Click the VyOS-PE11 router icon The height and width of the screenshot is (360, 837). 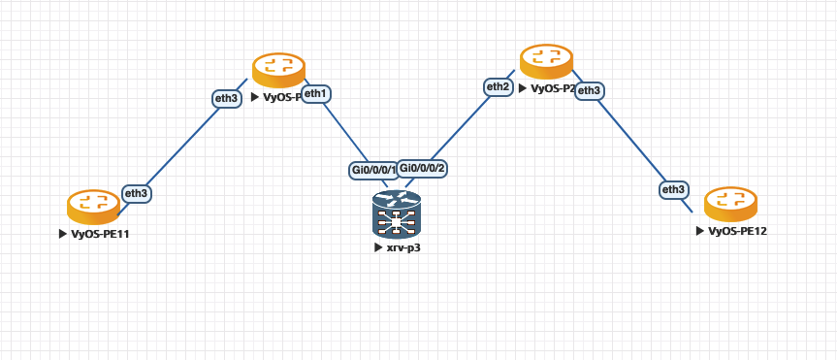[x=93, y=205]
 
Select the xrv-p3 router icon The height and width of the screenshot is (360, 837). [x=397, y=214]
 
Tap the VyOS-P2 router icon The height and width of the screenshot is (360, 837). [x=546, y=60]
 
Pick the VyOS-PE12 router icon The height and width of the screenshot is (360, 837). [x=730, y=202]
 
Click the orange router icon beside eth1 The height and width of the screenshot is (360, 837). [x=278, y=69]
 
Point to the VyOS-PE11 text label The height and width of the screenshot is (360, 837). [x=100, y=234]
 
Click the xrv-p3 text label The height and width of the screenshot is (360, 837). [x=403, y=247]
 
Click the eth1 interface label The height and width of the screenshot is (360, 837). [x=316, y=93]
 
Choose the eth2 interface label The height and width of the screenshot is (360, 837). [x=499, y=86]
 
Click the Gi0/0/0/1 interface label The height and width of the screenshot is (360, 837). [x=373, y=170]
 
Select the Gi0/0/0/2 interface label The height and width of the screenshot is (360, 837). [x=422, y=167]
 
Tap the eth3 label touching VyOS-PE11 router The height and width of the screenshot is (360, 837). [x=137, y=193]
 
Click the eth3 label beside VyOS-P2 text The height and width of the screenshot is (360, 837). [x=590, y=90]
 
